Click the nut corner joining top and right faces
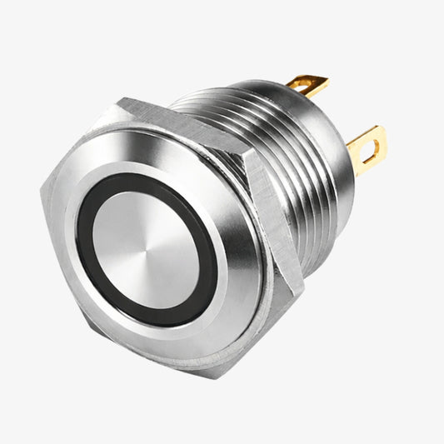[247, 152]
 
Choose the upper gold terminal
[307, 85]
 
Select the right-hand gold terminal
[367, 147]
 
